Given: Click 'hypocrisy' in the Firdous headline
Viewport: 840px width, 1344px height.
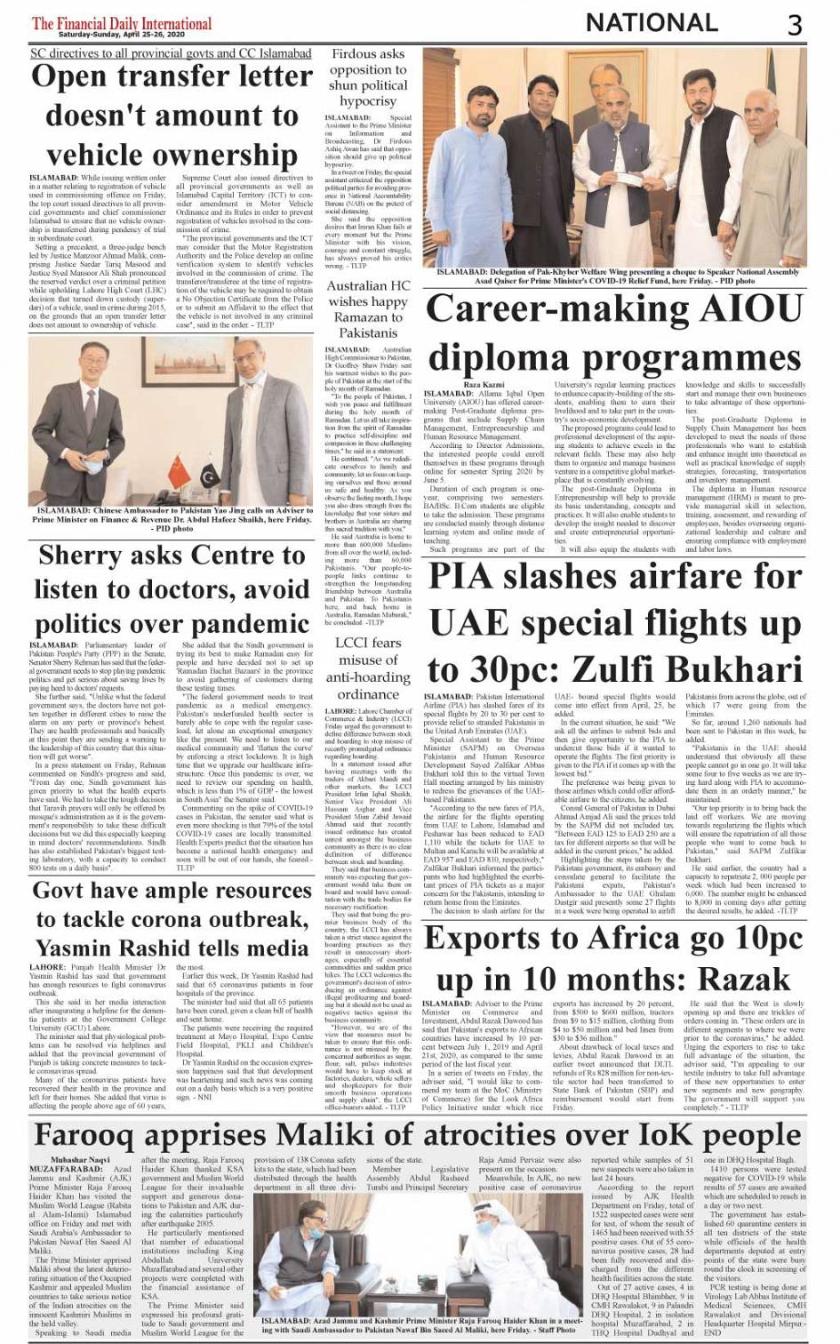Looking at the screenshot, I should [x=368, y=101].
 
